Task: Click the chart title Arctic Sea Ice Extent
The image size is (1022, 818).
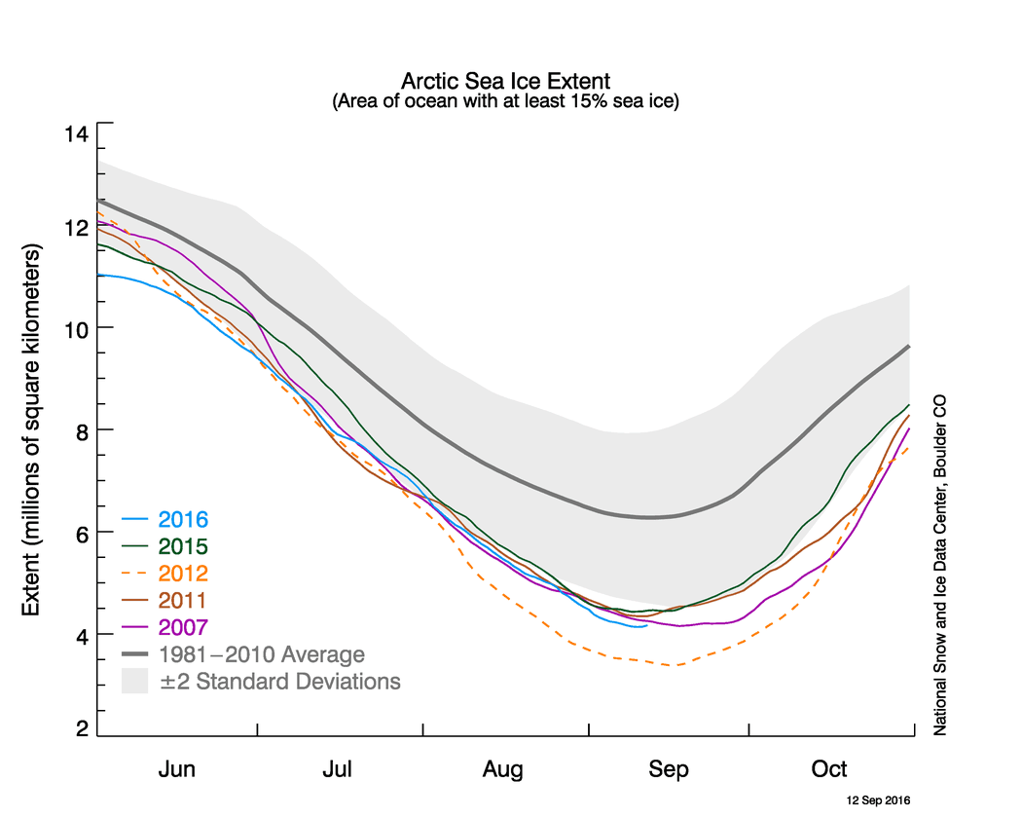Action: tap(505, 80)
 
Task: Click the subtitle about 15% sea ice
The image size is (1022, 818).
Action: tap(505, 100)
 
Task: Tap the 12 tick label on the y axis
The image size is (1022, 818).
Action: tap(76, 227)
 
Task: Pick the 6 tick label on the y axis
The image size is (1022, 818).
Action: tap(81, 533)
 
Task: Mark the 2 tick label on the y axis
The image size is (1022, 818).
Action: tap(81, 728)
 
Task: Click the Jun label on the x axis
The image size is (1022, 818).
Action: tap(176, 769)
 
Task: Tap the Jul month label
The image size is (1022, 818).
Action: tap(338, 769)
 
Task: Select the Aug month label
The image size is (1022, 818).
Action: tap(502, 769)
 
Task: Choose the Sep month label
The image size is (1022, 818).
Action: tap(669, 769)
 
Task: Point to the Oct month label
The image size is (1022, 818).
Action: tap(829, 769)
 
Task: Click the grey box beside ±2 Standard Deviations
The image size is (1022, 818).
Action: tap(133, 681)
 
